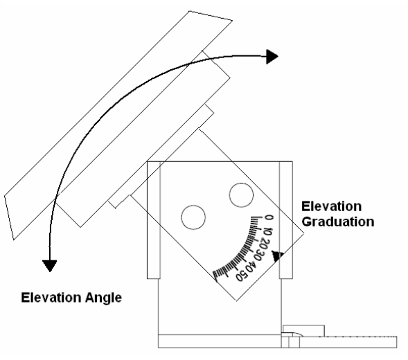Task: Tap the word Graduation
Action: (x=338, y=222)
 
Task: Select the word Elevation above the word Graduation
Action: (x=332, y=206)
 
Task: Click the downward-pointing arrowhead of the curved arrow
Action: (x=50, y=266)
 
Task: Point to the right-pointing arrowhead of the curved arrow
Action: (x=272, y=57)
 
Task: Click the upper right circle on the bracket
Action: (x=241, y=195)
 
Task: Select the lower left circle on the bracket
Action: (x=193, y=217)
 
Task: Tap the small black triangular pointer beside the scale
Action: (x=277, y=255)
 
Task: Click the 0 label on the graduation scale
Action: (x=269, y=217)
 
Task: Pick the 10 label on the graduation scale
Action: (x=267, y=231)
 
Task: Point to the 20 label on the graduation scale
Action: (x=264, y=244)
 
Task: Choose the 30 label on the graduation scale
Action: (x=258, y=255)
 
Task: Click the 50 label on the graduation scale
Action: (x=241, y=276)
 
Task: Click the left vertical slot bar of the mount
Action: (x=154, y=220)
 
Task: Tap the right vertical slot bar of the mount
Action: (x=286, y=220)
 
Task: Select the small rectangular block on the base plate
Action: (x=303, y=331)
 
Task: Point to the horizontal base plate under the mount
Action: (x=220, y=341)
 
